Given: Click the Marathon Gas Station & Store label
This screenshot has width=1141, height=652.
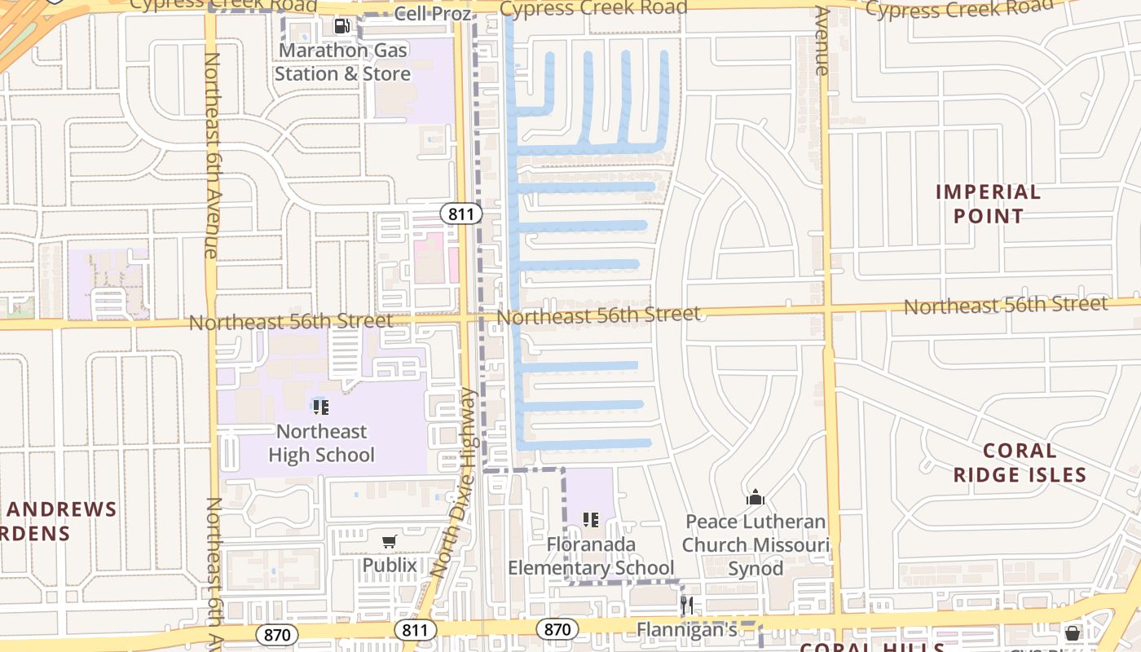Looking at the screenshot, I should coord(342,62).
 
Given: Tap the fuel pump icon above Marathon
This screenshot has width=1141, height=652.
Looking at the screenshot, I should coord(342,26).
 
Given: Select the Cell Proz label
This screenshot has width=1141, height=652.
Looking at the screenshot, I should coord(432,14).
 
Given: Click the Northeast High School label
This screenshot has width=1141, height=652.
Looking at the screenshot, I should coord(321,443).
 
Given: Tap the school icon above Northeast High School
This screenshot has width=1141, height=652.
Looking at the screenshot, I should coord(321,407).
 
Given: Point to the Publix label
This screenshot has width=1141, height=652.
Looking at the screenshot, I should coord(390,565).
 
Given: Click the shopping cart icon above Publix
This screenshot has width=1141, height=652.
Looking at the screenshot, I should coord(390,541).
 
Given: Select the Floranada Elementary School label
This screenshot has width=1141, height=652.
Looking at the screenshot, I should coord(591,556).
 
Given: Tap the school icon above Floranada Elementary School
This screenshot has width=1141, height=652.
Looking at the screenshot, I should coord(591,519).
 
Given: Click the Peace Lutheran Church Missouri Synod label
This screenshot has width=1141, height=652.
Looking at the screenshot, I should coord(756,544).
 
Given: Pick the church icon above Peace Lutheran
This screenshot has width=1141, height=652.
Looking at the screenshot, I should coord(756,497).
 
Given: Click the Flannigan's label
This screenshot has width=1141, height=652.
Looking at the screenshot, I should coord(687,629).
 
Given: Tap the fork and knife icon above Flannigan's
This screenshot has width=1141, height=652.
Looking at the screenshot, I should coord(687,605).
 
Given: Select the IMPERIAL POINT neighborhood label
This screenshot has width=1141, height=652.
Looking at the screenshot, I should coord(988,204).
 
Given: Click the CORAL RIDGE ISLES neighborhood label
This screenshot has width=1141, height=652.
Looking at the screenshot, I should coord(1020,463).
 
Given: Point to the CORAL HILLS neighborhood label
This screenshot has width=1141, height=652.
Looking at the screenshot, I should coord(872,647).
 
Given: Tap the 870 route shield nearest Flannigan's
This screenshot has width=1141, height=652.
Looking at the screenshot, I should coord(557,629).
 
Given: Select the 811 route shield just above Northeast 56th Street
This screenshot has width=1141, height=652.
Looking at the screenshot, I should coord(461,214).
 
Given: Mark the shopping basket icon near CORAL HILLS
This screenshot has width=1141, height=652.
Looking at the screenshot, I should coord(1073,632).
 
